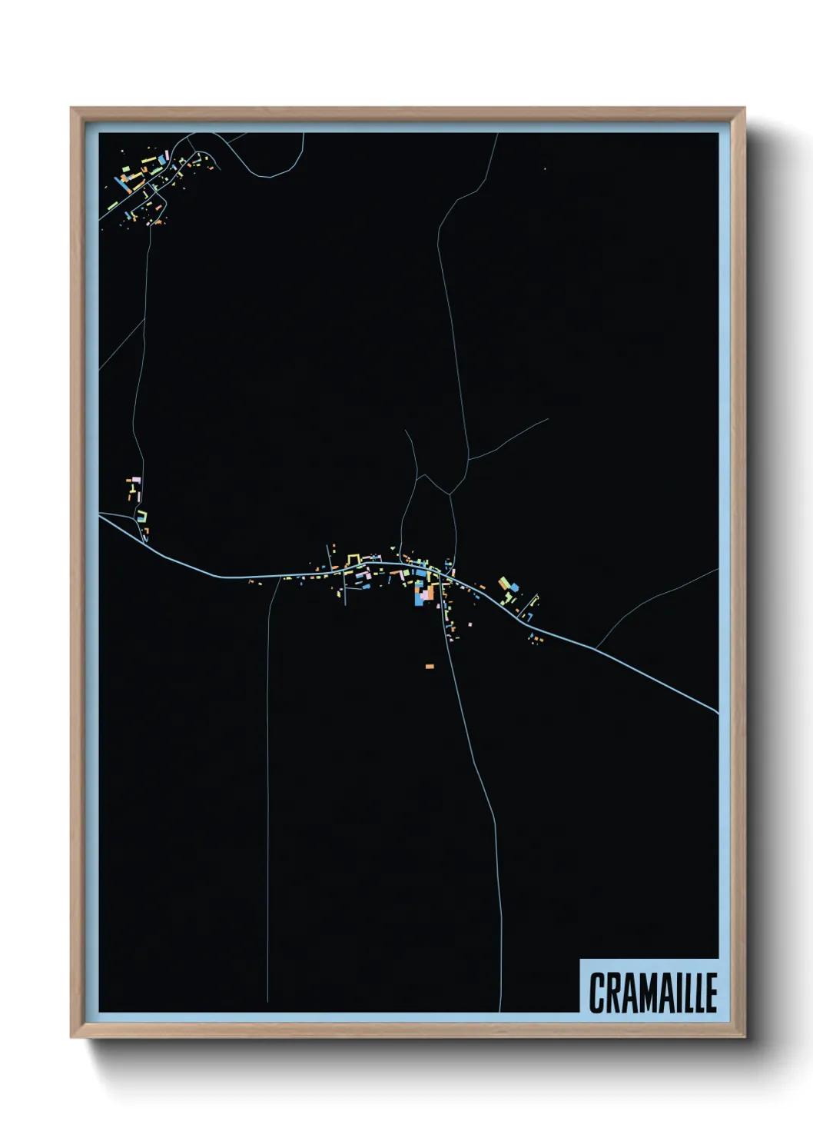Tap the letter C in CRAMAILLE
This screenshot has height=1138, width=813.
(596, 993)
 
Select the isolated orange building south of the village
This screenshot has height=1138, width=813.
(430, 666)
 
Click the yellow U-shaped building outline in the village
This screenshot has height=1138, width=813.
(353, 557)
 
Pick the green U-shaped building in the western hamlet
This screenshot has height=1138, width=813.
(142, 516)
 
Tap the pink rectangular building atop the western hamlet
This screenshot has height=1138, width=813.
(136, 479)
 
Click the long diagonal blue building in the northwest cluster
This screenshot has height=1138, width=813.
(122, 183)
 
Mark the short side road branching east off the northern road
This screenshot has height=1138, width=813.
(507, 441)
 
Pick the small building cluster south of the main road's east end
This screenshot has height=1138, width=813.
(535, 637)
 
